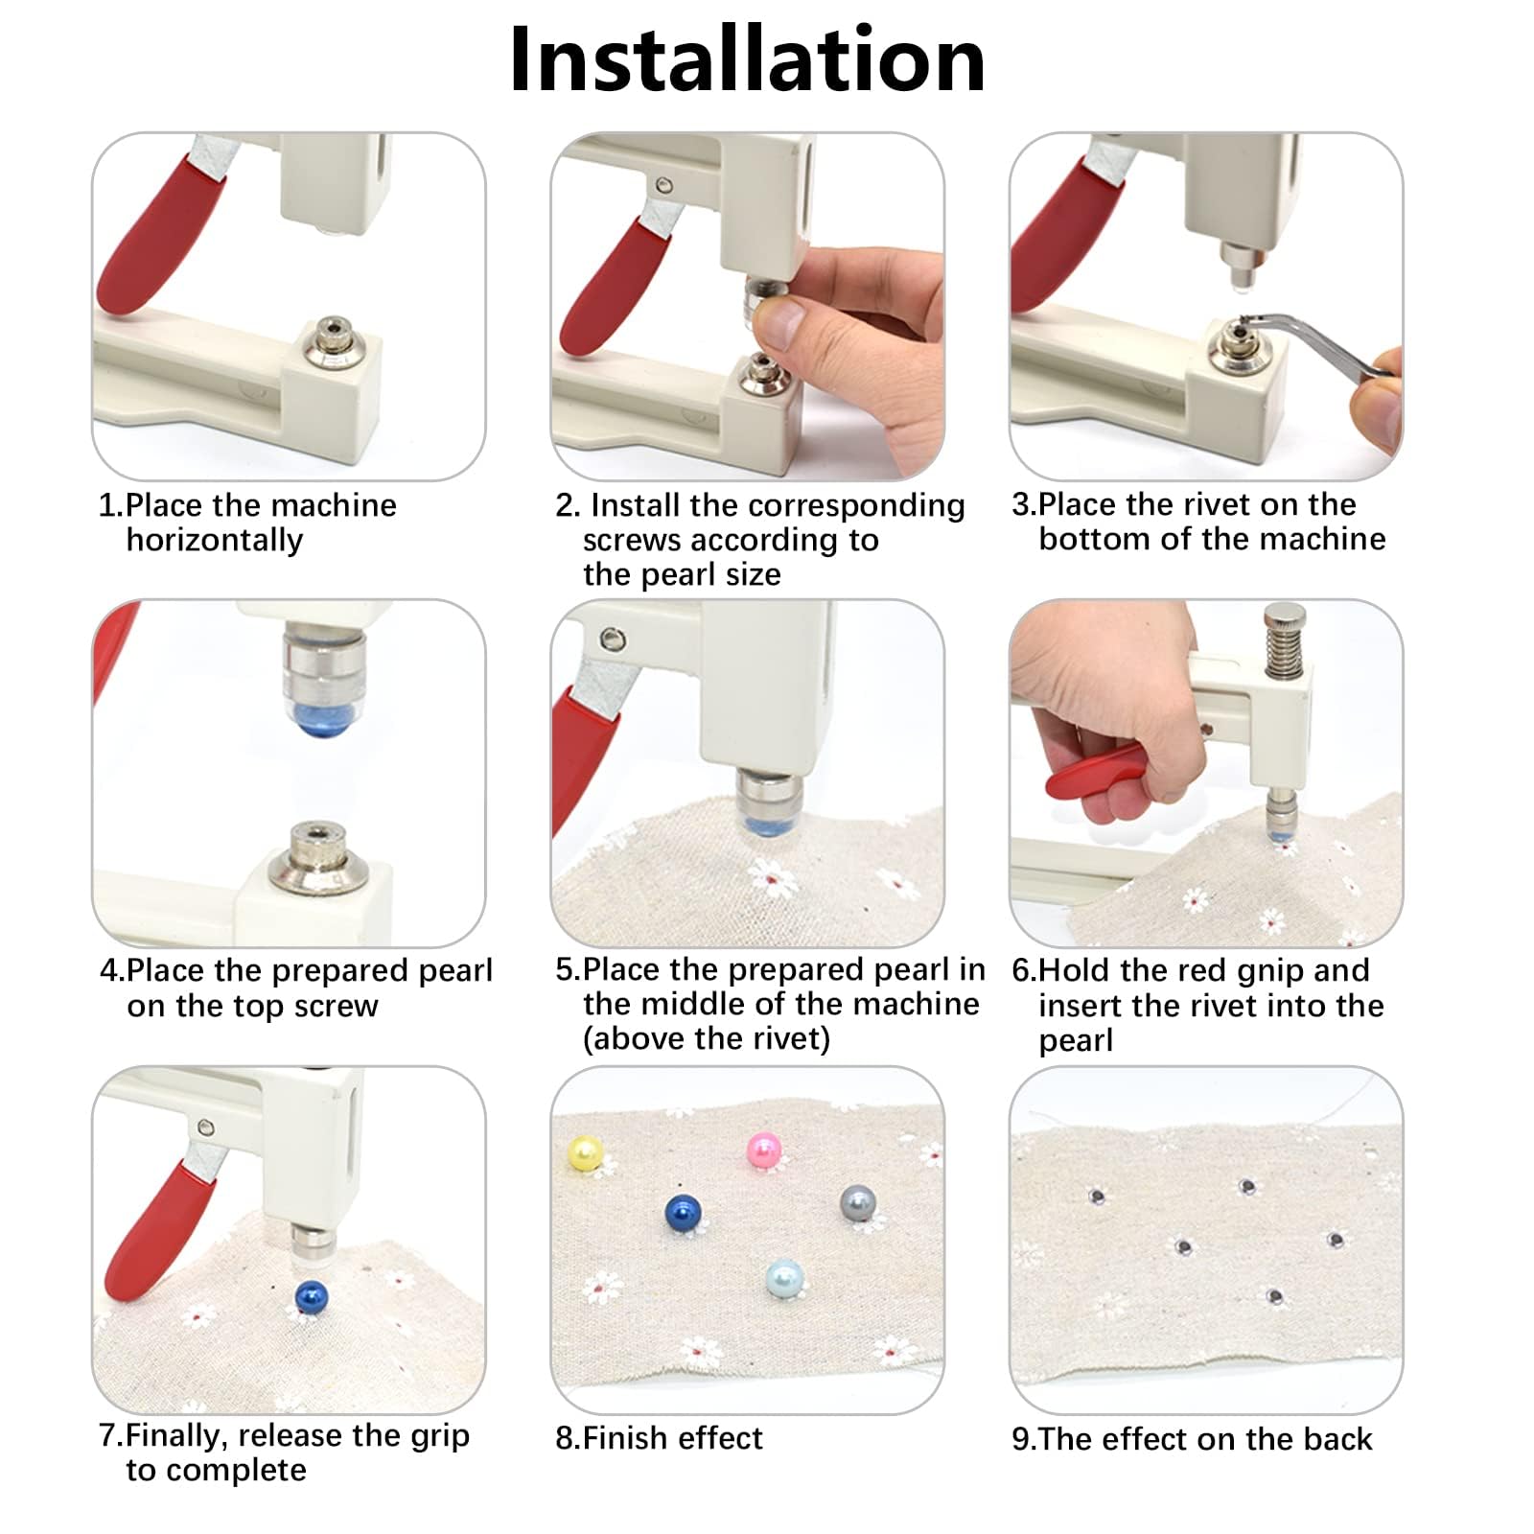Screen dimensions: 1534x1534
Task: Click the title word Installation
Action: pyautogui.click(x=747, y=59)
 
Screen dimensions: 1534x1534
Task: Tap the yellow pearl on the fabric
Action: pyautogui.click(x=584, y=1152)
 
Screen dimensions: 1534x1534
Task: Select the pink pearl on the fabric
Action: pyautogui.click(x=764, y=1149)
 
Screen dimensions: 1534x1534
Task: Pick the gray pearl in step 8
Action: pyautogui.click(x=858, y=1203)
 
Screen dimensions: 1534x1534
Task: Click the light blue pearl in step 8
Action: pyautogui.click(x=784, y=1278)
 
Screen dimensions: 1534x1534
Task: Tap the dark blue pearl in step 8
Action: pyautogui.click(x=683, y=1213)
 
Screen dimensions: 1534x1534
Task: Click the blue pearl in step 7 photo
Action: pyautogui.click(x=312, y=1297)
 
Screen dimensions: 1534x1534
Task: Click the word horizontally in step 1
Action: pyautogui.click(x=215, y=541)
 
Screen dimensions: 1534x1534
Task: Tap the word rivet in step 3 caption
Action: pyautogui.click(x=1220, y=504)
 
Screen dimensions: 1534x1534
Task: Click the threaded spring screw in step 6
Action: pyautogui.click(x=1283, y=640)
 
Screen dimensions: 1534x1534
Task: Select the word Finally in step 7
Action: pyautogui.click(x=178, y=1437)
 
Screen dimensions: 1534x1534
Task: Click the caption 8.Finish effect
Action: pyautogui.click(x=659, y=1438)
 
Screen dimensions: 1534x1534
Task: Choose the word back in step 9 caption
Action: pyautogui.click(x=1335, y=1439)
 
